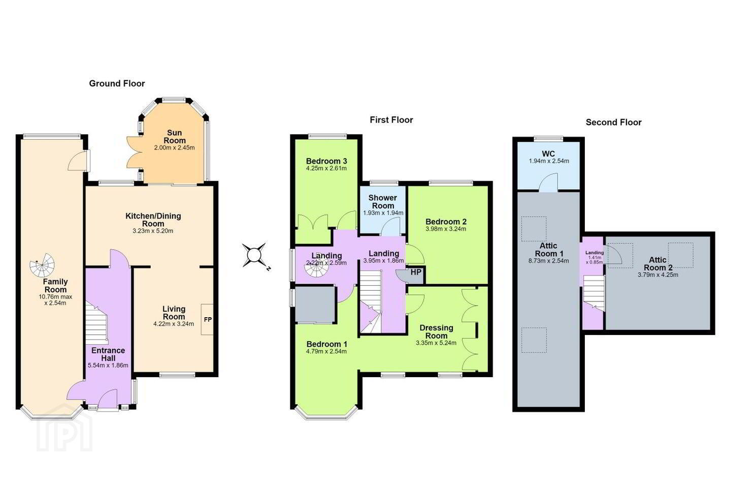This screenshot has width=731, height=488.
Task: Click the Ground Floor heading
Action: tap(117, 84)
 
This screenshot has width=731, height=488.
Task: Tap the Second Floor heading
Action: tap(614, 122)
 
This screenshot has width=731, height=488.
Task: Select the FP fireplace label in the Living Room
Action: tap(208, 319)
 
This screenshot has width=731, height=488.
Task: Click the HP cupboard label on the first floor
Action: tap(416, 272)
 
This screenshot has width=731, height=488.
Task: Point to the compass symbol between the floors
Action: tap(255, 256)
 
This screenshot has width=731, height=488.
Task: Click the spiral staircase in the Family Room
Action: tap(42, 265)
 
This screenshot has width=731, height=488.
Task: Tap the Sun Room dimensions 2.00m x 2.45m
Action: tap(174, 148)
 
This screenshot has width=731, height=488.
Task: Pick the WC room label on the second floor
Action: tap(548, 154)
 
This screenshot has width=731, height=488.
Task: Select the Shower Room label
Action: tap(383, 202)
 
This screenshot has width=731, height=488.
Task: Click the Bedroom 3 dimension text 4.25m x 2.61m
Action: tap(326, 168)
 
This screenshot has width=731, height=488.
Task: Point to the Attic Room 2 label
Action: tap(658, 264)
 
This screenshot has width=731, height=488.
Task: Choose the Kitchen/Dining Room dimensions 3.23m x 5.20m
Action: tap(153, 231)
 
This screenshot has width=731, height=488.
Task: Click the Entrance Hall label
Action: tap(108, 354)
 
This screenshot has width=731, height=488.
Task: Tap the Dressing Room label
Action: tap(437, 332)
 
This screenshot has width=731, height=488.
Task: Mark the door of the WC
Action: tap(548, 182)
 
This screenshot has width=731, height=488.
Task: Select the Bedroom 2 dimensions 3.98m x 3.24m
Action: tap(446, 229)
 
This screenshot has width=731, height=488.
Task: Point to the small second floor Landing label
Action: tap(594, 253)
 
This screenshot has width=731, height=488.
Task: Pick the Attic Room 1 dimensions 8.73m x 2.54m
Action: tap(549, 261)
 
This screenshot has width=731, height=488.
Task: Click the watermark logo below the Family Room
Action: tap(64, 428)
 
